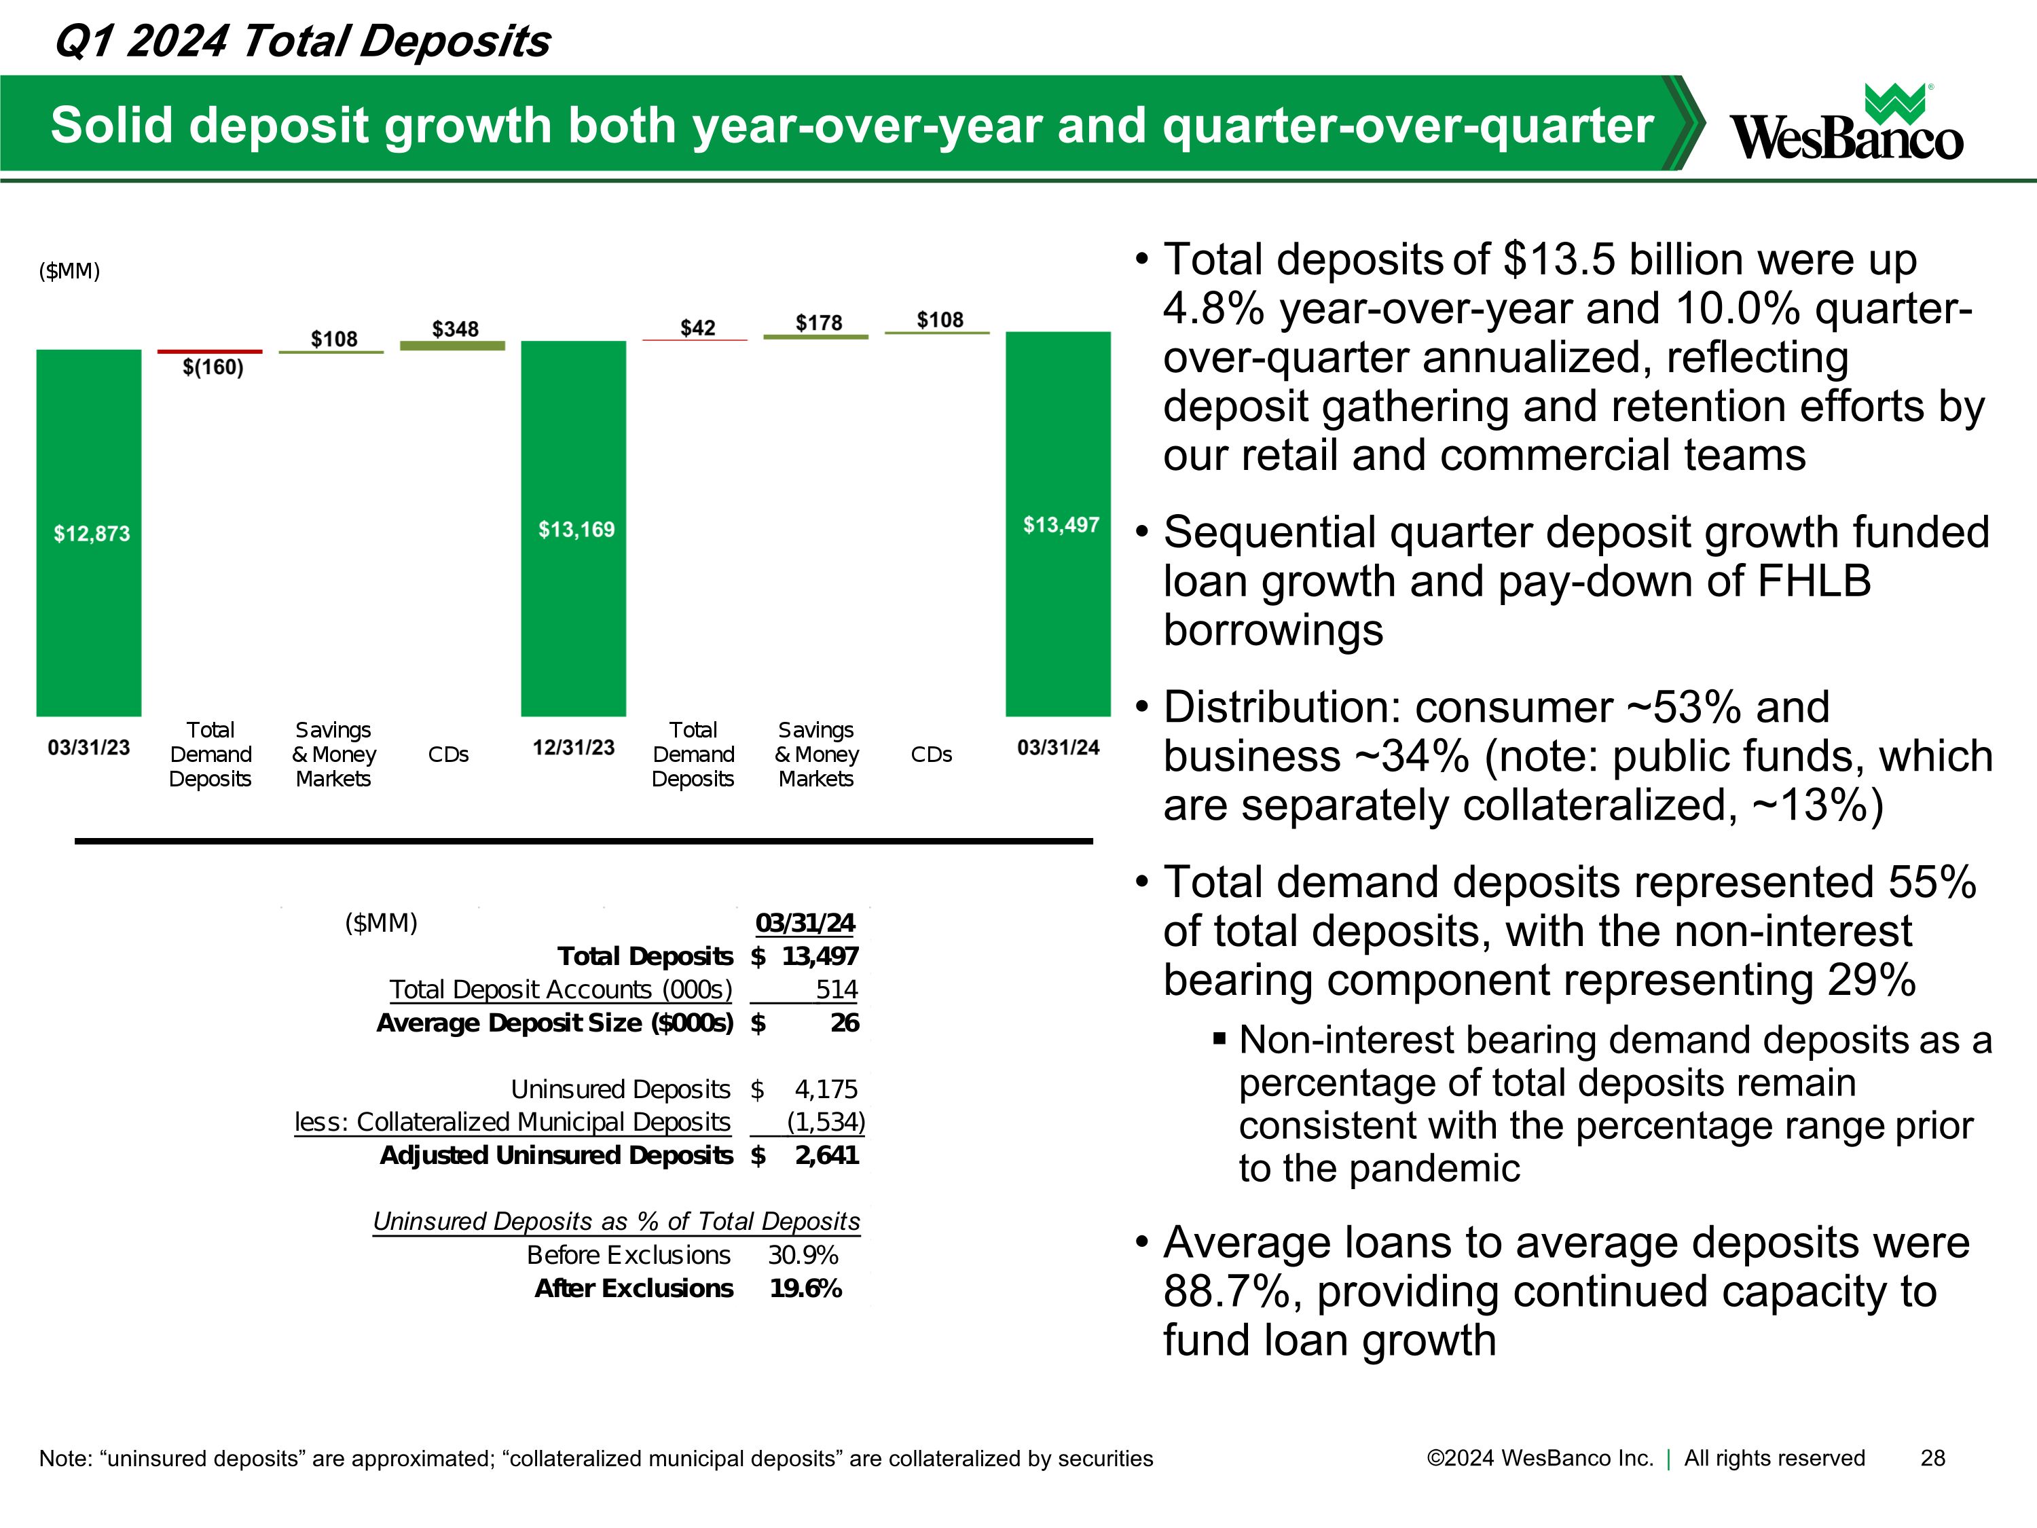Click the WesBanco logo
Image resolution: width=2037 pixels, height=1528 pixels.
[x=1846, y=125]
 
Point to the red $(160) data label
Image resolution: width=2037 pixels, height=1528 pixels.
[x=213, y=367]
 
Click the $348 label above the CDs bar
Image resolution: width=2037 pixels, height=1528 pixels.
[x=455, y=329]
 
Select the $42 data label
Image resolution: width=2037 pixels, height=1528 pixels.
[x=697, y=328]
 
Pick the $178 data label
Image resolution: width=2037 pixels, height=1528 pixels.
[x=819, y=323]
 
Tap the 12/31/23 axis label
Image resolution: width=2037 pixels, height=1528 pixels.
[x=573, y=747]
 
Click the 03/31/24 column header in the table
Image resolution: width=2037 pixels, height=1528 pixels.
[x=805, y=923]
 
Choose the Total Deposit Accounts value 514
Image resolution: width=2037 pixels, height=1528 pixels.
[x=836, y=989]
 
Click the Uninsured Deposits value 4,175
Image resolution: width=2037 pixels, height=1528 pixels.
[x=826, y=1089]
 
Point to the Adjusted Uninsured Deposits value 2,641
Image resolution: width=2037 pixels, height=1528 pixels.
[x=827, y=1155]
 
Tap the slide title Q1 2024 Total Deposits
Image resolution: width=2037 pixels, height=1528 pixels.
[x=302, y=41]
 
